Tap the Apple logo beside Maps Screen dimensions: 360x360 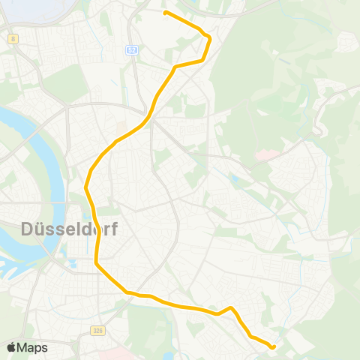tap(11, 347)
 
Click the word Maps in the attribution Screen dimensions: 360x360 tap(32, 348)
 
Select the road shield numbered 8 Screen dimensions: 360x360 tap(13, 38)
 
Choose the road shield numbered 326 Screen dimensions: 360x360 tap(98, 330)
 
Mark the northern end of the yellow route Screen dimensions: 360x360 tap(166, 13)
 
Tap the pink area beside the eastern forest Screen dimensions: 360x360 tap(264, 156)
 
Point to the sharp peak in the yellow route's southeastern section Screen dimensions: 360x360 tap(232, 307)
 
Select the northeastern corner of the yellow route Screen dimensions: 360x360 tap(209, 37)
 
